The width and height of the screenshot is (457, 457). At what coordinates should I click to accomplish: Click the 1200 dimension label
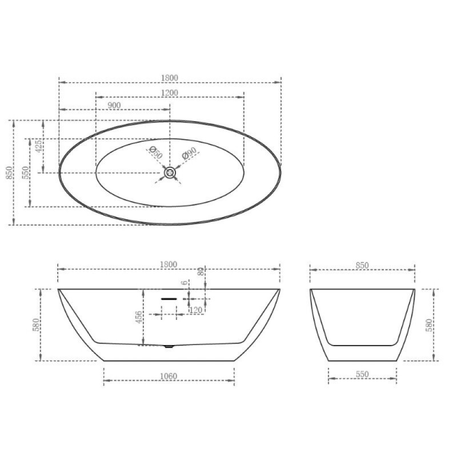[170, 93]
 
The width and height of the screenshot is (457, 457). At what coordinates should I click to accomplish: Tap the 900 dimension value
[114, 105]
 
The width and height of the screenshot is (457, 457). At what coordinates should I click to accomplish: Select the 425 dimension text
[38, 146]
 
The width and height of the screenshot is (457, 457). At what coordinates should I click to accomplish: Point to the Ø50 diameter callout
[155, 153]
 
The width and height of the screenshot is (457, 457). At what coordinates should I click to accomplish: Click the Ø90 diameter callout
[189, 153]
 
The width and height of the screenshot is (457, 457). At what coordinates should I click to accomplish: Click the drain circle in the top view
[170, 173]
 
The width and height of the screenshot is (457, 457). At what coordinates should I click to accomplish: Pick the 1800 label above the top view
[169, 78]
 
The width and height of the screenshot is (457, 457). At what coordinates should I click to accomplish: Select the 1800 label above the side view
[169, 264]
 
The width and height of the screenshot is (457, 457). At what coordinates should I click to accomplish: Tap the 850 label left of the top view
[9, 173]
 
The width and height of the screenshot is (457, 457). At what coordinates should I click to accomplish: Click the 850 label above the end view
[362, 265]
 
